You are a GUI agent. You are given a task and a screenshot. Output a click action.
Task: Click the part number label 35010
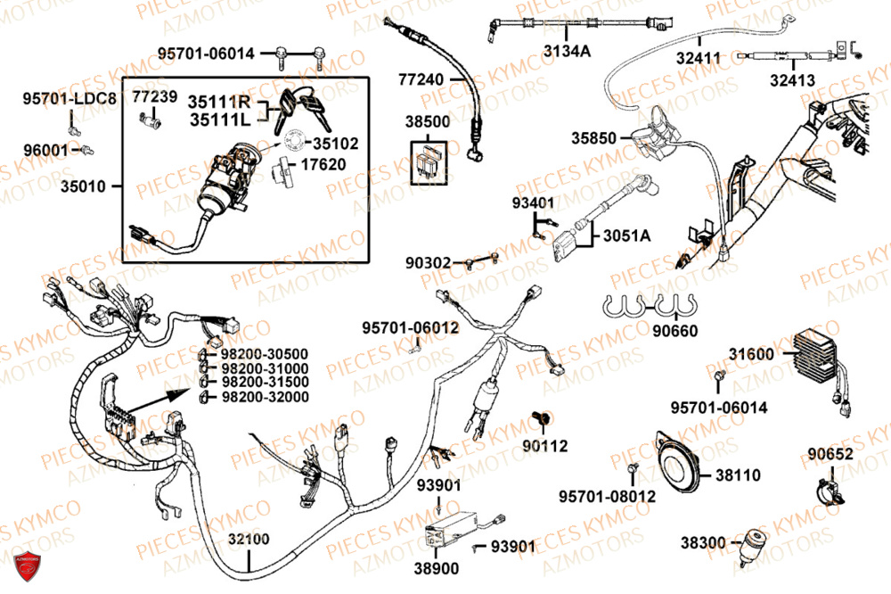tap(82, 187)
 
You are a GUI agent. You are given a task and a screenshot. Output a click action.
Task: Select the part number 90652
tap(830, 454)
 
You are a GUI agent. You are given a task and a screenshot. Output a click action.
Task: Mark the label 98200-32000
tap(265, 397)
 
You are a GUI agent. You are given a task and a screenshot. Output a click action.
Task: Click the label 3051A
tap(626, 235)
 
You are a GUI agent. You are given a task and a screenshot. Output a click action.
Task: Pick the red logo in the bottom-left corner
tap(26, 566)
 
